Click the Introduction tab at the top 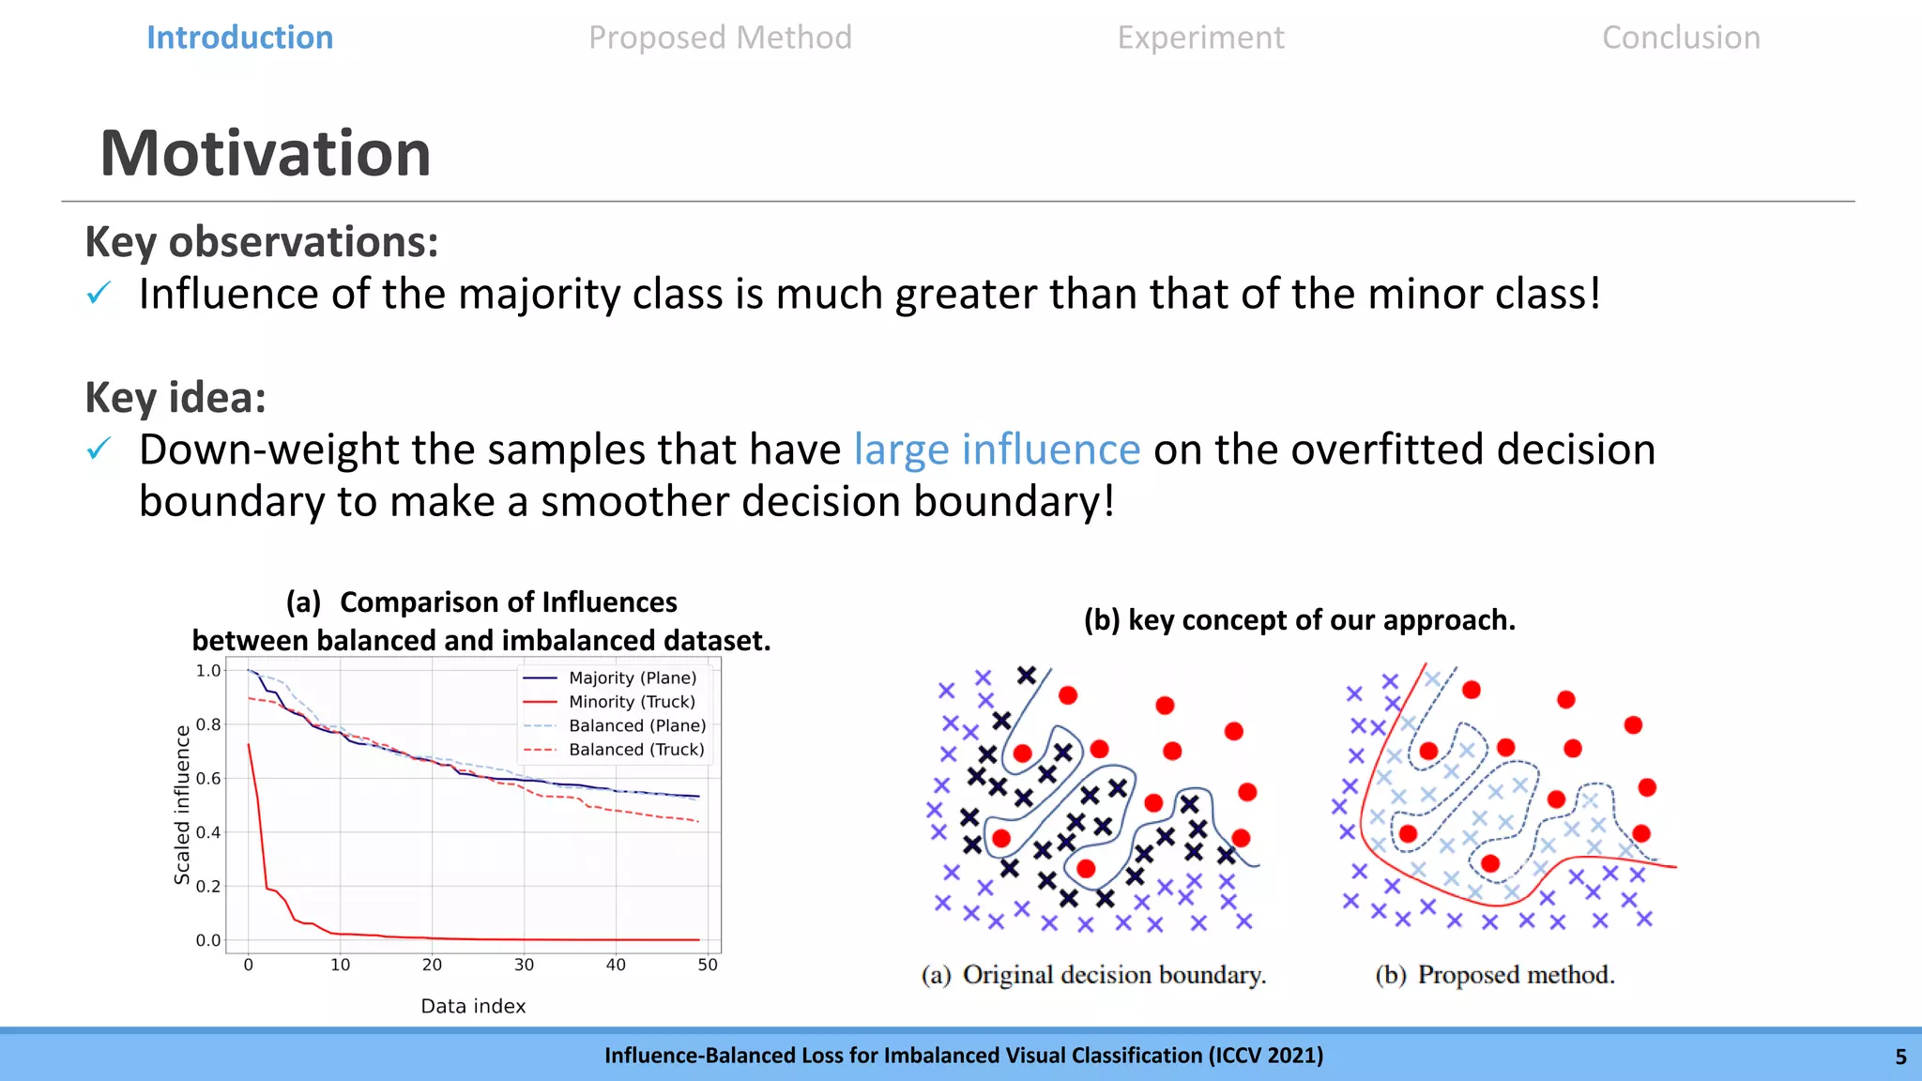[240, 38]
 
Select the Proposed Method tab [721, 38]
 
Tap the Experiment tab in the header [1200, 38]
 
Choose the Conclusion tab [1681, 38]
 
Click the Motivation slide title [266, 153]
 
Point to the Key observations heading [262, 242]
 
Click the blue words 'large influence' [997, 449]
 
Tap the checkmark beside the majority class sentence [99, 294]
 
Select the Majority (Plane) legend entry [610, 678]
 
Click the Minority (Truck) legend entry [610, 702]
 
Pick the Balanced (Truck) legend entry [614, 750]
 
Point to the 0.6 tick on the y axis [208, 778]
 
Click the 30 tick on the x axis [524, 965]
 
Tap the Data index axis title [473, 1006]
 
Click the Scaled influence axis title [182, 805]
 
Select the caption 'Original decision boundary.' [1115, 975]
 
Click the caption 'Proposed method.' [1517, 975]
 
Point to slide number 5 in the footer [1900, 1057]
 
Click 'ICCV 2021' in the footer [1266, 1056]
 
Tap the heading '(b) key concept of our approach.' [1300, 620]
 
